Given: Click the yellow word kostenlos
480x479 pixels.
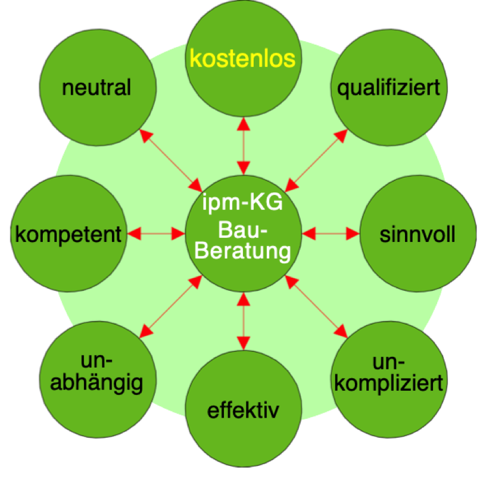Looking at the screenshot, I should (x=242, y=60).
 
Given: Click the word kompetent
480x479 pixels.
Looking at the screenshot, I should (x=68, y=234).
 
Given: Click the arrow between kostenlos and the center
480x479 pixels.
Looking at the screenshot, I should (x=242, y=146).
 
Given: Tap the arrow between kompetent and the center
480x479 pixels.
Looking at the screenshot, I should (x=156, y=234).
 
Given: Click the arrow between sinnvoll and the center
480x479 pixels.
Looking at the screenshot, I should (x=331, y=234).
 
